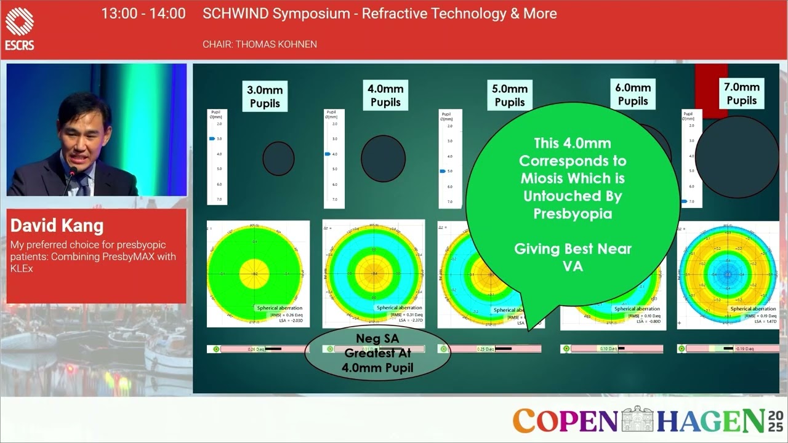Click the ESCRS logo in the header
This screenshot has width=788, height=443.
(20, 28)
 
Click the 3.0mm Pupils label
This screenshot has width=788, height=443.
(265, 97)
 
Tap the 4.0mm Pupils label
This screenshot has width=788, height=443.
(385, 95)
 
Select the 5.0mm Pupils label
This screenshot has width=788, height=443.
(510, 96)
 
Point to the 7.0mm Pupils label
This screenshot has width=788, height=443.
(741, 94)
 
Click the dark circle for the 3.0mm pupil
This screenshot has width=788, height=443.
(278, 158)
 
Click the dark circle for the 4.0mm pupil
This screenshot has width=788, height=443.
(383, 158)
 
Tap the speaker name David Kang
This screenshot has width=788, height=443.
(57, 226)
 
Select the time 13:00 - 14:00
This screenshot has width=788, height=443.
(143, 14)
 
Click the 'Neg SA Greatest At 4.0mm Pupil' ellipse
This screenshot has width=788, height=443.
(377, 354)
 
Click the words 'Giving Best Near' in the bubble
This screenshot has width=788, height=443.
(573, 249)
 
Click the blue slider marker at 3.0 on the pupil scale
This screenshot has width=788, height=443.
(212, 139)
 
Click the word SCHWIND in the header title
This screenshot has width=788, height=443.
(236, 14)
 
